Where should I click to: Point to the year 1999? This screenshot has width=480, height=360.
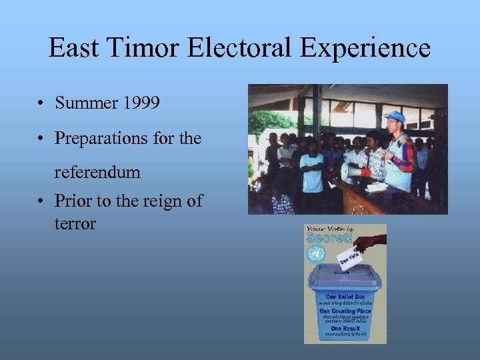point(141,103)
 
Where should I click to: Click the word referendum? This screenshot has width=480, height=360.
point(97,173)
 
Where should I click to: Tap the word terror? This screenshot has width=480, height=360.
point(75,223)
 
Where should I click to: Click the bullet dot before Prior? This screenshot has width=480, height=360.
point(41,201)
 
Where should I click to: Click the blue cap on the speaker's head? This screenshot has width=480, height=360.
point(395,116)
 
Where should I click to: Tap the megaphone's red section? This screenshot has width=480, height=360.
point(365,172)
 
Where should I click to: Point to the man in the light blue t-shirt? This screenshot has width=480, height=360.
point(311,167)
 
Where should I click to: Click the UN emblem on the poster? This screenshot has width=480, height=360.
point(315,253)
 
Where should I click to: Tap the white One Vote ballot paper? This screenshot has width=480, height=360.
point(349,257)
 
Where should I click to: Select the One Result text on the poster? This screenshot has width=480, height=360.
point(345,329)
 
